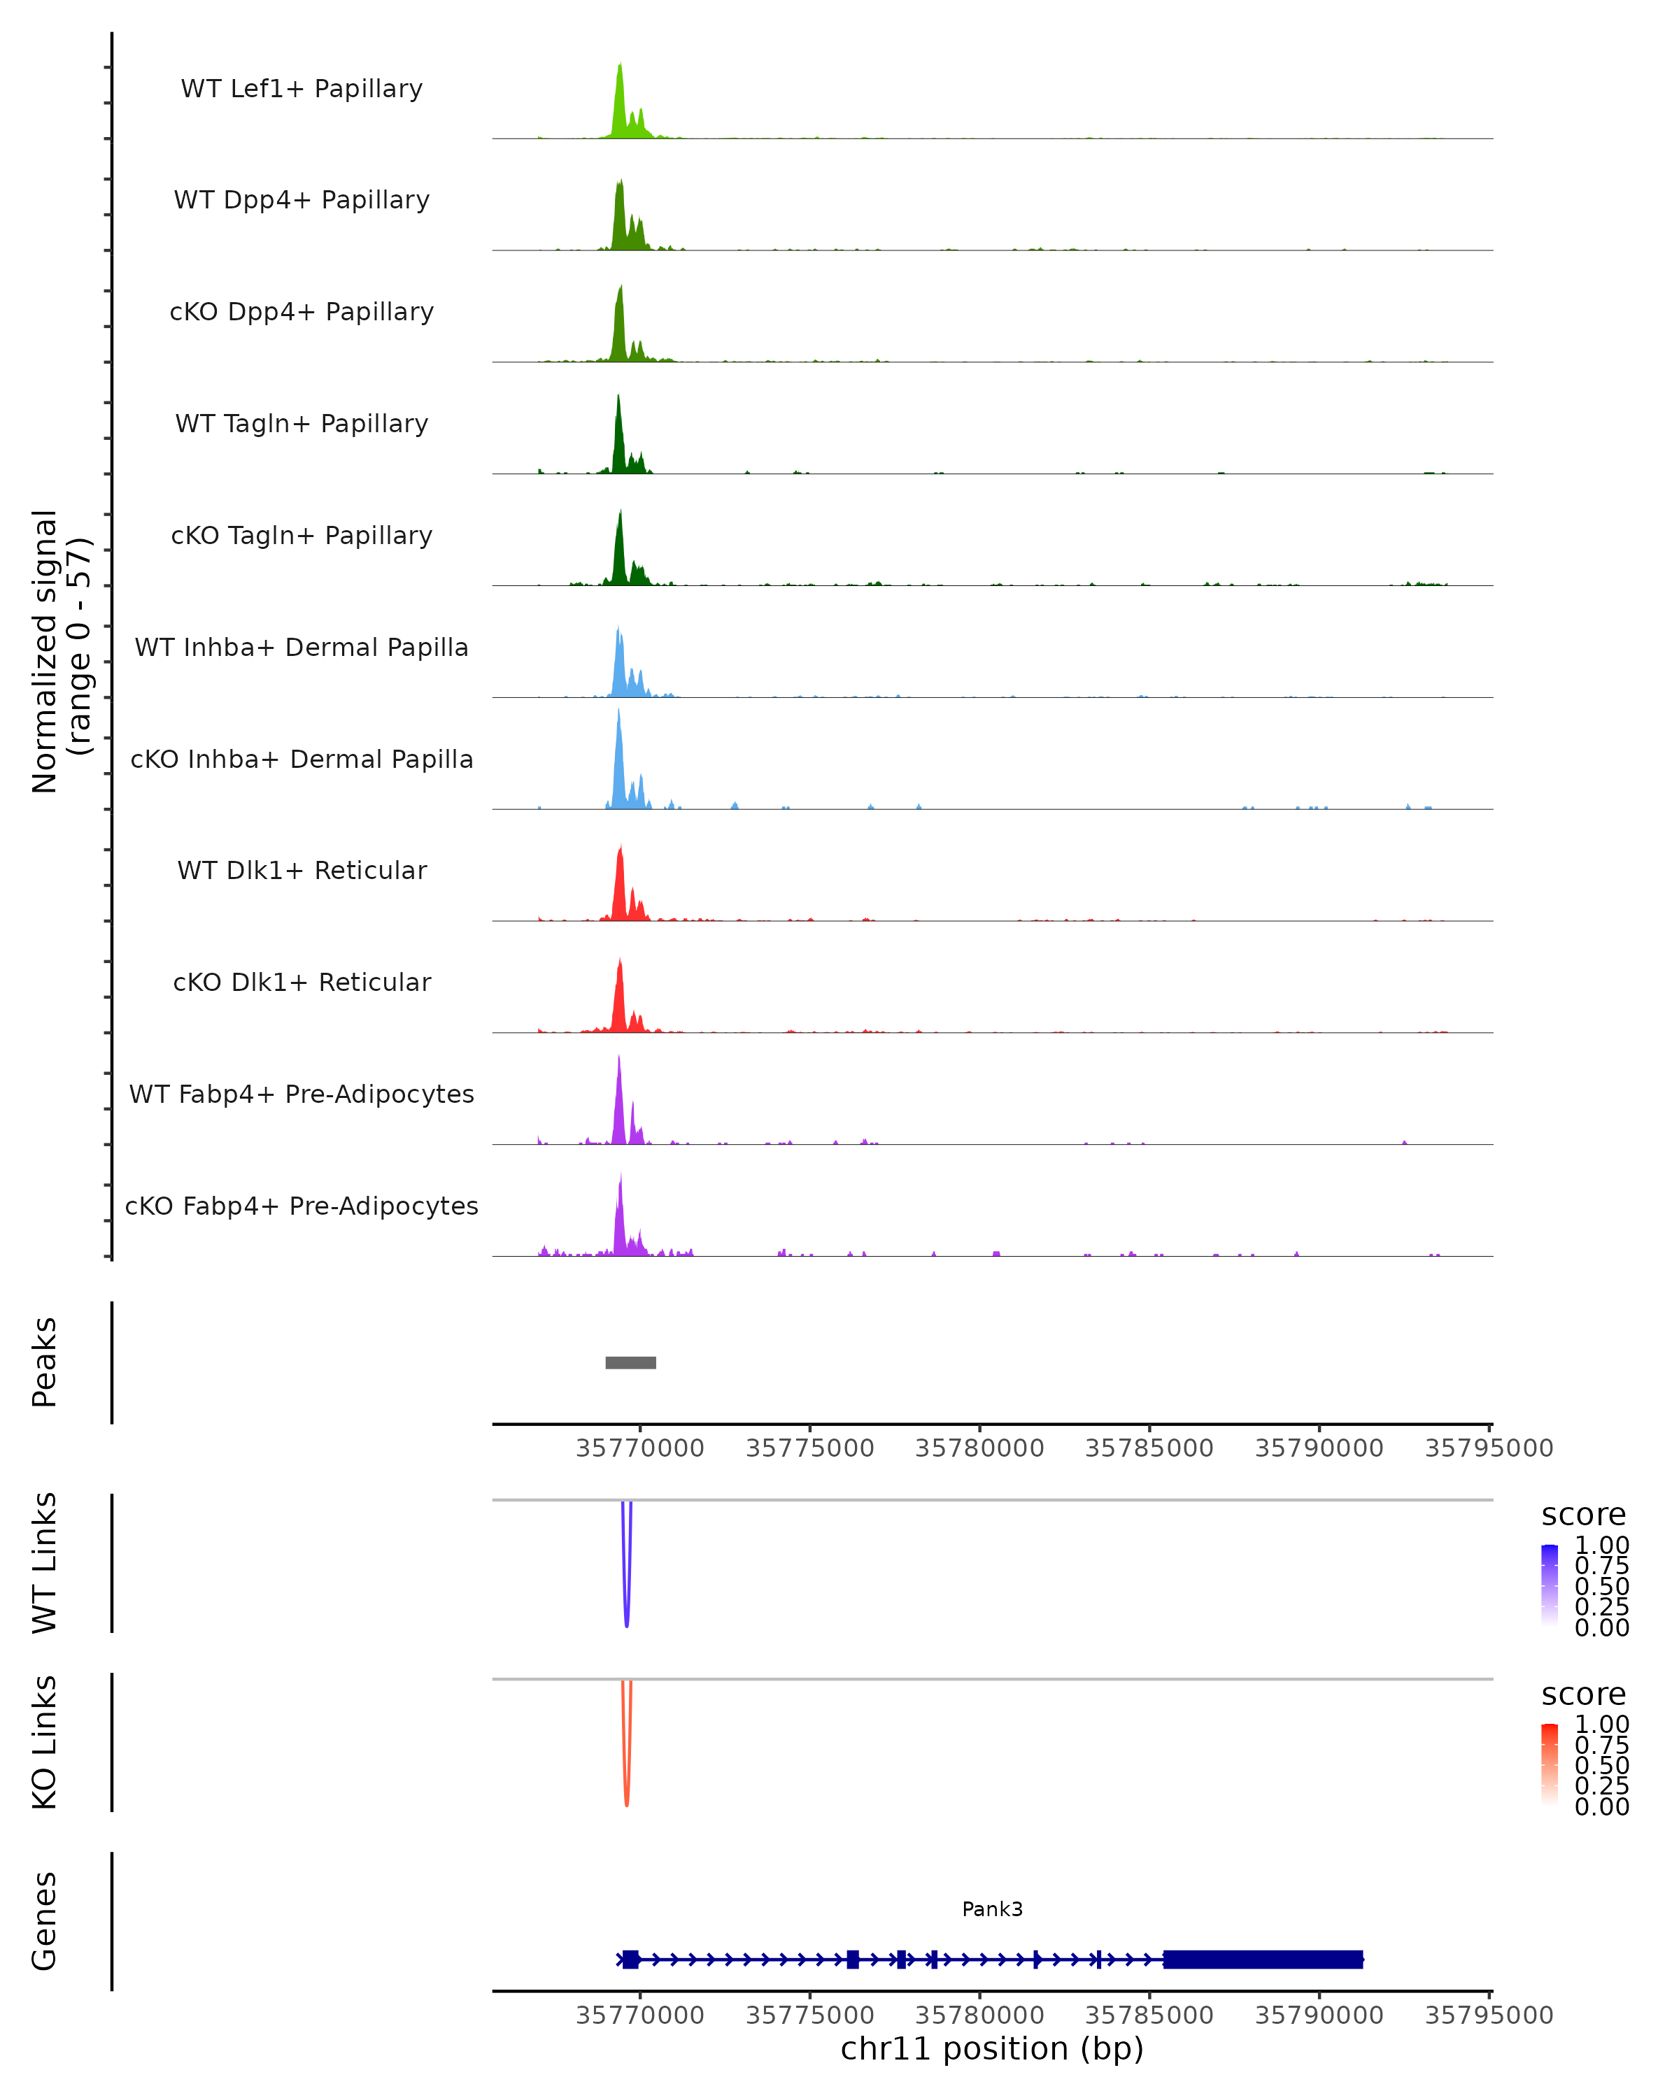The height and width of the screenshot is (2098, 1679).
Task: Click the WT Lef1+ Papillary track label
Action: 302,89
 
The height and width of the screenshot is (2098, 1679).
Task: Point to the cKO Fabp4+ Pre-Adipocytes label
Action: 302,1206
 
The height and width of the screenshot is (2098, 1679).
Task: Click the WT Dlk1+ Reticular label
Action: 302,870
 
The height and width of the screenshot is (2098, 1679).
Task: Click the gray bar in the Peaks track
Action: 631,1362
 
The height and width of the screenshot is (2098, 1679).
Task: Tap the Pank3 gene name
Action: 992,1908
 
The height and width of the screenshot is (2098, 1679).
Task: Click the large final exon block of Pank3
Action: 1263,1959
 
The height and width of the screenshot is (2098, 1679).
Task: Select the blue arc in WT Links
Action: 627,1596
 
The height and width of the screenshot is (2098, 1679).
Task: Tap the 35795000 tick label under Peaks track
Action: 1488,1448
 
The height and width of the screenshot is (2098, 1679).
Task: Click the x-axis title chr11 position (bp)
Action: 992,2048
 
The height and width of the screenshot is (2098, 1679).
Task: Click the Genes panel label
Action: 45,1921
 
